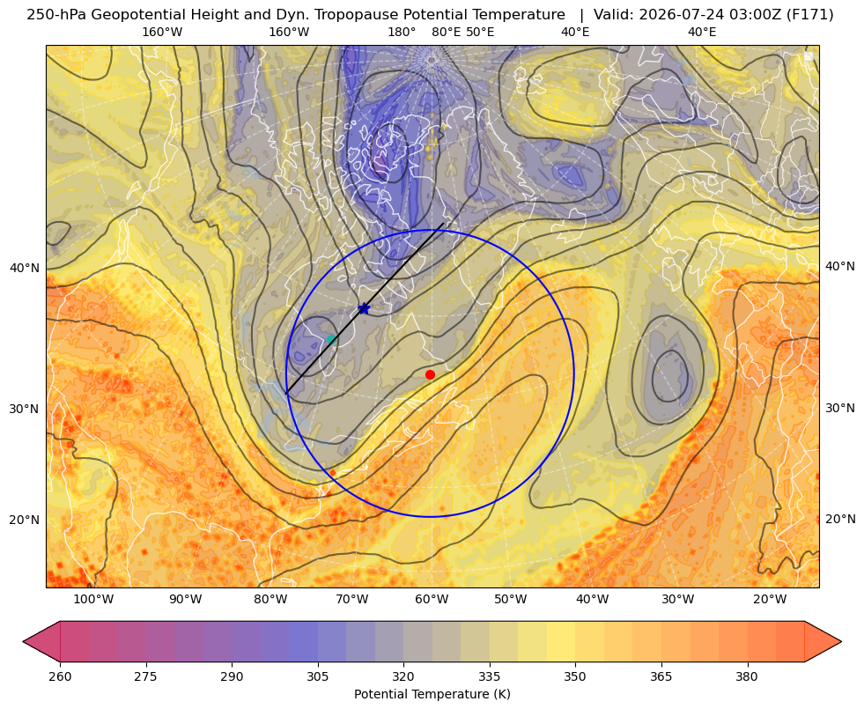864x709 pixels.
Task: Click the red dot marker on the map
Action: (430, 374)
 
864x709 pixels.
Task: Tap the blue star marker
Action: (365, 308)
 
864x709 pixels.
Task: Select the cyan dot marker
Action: (331, 339)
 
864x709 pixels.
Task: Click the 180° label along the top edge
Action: (402, 32)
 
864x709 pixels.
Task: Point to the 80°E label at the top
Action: (447, 32)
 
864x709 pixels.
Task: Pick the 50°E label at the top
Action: (480, 32)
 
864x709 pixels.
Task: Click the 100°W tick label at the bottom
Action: (93, 600)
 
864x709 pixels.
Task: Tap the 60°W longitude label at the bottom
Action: (432, 600)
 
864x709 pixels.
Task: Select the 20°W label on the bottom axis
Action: (770, 600)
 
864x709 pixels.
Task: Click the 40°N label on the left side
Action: (25, 269)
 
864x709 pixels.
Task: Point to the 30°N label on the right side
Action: (840, 408)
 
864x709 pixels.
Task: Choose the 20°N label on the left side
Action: (25, 520)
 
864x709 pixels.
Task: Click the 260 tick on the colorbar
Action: (60, 676)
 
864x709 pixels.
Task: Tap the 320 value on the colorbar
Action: (403, 676)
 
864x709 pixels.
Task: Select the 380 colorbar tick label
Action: (747, 676)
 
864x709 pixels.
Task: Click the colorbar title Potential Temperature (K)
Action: (432, 694)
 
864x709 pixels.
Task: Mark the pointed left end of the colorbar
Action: (24, 641)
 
